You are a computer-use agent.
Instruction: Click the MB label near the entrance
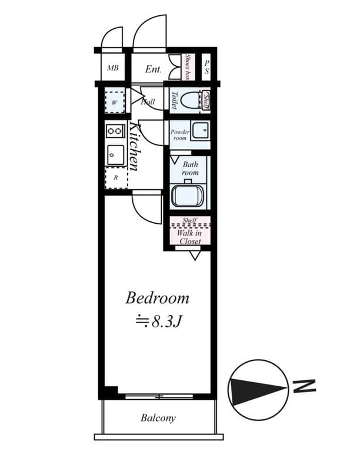(113, 68)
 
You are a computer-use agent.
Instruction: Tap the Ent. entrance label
(153, 69)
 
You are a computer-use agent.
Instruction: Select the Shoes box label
(188, 67)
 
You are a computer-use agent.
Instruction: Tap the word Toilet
(174, 99)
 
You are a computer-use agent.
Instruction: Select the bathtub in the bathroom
(188, 195)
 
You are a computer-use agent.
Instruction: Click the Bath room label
(190, 168)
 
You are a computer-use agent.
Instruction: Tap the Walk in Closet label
(189, 237)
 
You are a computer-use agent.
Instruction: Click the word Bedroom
(157, 298)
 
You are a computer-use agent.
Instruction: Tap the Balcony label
(158, 418)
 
